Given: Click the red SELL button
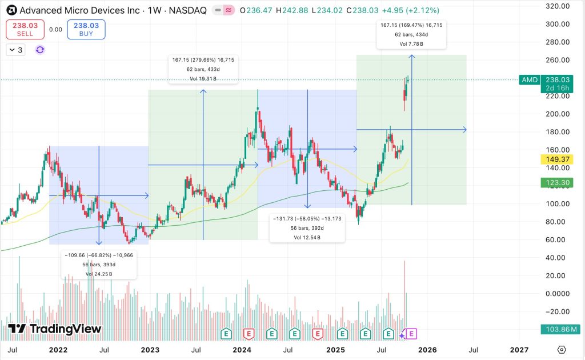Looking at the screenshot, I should point(25,30).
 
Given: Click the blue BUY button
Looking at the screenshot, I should point(86,30).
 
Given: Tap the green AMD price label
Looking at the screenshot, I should point(530,80).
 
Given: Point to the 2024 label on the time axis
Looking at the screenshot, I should point(242,350).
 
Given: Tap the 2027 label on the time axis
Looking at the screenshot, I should point(519,350).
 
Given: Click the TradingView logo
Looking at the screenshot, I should point(55,329).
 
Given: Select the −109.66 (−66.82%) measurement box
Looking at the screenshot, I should point(99,264).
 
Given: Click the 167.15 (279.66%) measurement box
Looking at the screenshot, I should point(203,69).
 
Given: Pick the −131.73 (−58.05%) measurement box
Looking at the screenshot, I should point(307,227).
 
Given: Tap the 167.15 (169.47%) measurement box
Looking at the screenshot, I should point(411,34).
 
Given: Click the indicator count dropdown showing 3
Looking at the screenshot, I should point(15,50).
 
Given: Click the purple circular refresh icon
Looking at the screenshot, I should point(40,50).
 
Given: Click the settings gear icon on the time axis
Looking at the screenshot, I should point(562,350).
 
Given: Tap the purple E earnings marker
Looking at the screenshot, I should point(412,333).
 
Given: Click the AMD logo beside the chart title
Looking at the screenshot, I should point(11,10).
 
